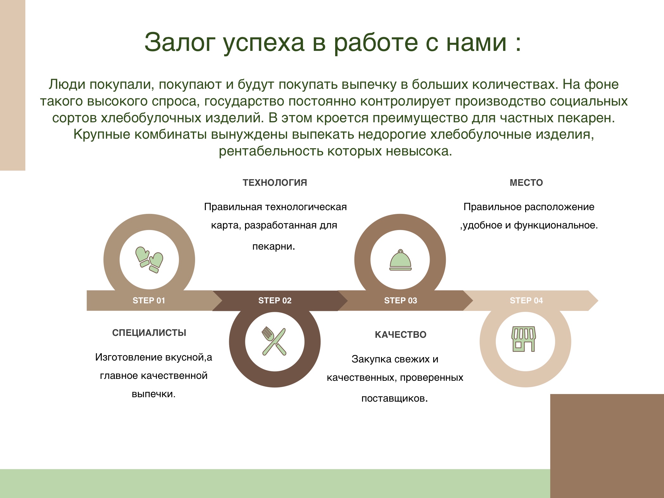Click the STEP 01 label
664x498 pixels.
tap(149, 301)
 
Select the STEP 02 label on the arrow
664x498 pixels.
tap(275, 301)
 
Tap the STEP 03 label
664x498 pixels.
tap(401, 301)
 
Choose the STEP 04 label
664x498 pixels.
tap(526, 301)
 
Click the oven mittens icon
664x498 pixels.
tap(149, 260)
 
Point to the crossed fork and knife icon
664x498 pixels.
tap(274, 341)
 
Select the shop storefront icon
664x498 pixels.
tap(524, 339)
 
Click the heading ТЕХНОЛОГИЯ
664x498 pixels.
tap(275, 183)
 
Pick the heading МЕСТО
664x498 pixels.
tap(526, 183)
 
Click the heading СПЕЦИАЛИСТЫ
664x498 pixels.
tap(149, 333)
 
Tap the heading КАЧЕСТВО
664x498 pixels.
tap(401, 335)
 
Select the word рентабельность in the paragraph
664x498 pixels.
tap(271, 151)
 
